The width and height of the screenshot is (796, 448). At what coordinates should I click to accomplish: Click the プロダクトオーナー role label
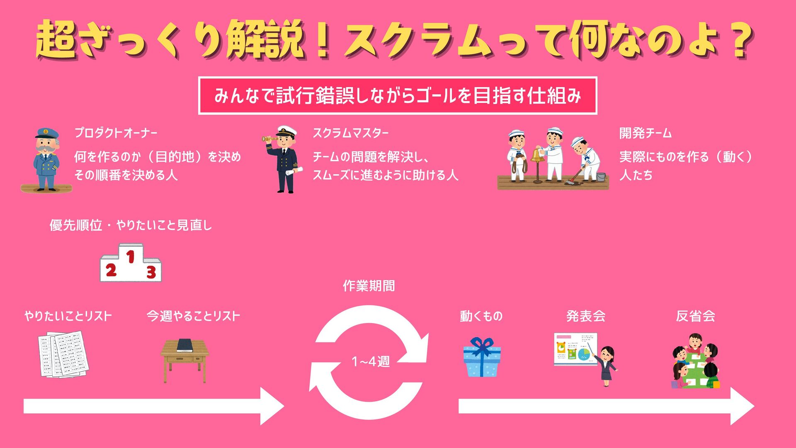(116, 133)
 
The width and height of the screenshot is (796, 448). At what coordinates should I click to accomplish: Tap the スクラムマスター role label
(350, 133)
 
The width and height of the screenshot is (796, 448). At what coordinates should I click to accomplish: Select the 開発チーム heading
(645, 133)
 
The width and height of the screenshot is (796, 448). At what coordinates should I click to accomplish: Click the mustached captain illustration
(46, 160)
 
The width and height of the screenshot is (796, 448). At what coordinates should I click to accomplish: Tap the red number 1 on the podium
(131, 257)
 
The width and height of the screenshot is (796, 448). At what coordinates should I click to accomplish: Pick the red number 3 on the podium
(151, 272)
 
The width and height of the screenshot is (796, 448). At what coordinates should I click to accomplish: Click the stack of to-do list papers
(63, 354)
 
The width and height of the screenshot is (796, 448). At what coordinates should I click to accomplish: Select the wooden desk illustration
(184, 359)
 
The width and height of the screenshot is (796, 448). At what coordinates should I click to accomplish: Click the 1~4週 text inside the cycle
(370, 362)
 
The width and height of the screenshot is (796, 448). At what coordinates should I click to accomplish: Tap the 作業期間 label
(369, 286)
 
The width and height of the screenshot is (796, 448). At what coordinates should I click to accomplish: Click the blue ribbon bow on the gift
(481, 346)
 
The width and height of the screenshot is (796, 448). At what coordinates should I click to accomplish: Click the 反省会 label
(695, 316)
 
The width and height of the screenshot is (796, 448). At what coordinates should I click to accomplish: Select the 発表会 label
(585, 316)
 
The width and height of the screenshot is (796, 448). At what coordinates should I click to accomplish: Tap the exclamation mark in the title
(322, 39)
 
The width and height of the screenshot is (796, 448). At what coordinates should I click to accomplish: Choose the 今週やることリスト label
(193, 316)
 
